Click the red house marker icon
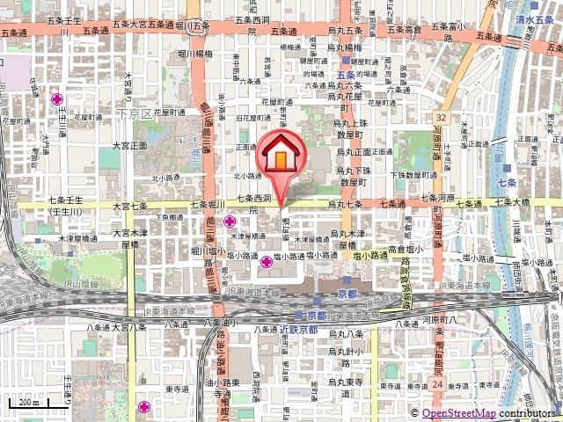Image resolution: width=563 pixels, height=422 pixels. pyautogui.click(x=280, y=156)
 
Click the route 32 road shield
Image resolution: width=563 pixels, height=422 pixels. pyautogui.click(x=442, y=117)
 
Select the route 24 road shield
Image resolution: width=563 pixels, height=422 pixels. pyautogui.click(x=438, y=384)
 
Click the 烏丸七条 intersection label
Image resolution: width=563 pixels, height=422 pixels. pyautogui.click(x=345, y=204)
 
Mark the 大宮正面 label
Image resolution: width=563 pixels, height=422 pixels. pyautogui.click(x=129, y=145)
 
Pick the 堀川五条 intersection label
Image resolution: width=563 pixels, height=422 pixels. pyautogui.click(x=192, y=25)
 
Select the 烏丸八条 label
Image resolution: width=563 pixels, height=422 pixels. pyautogui.click(x=346, y=335)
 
